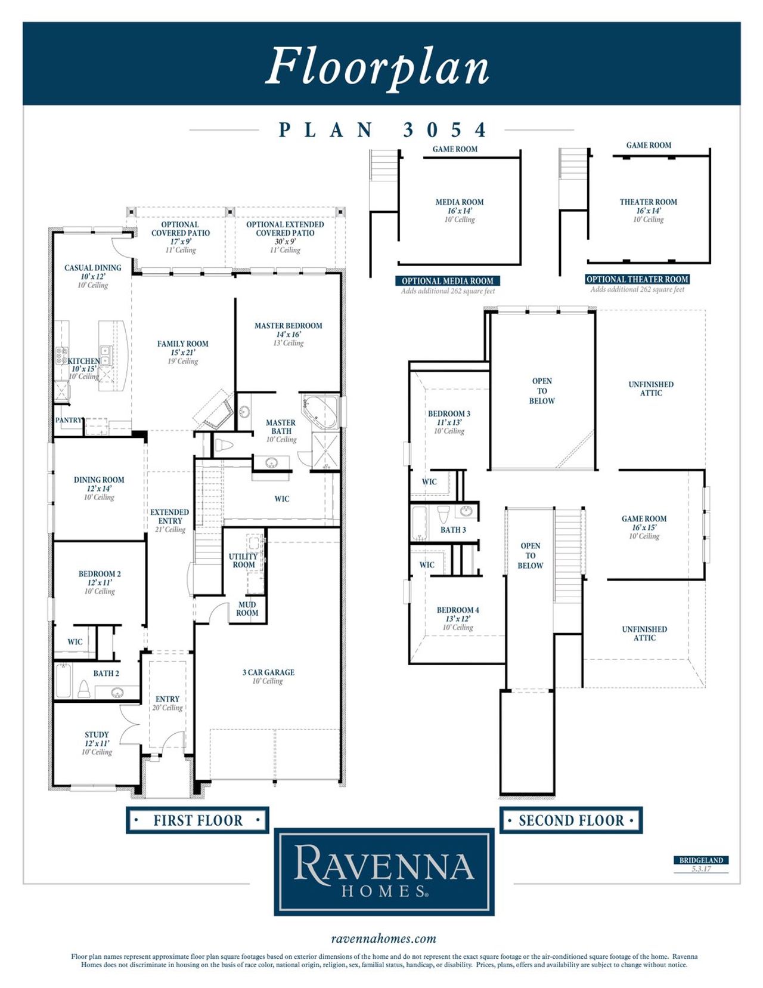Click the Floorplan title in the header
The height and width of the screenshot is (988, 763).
[x=377, y=66]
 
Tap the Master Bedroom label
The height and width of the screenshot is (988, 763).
[x=288, y=326]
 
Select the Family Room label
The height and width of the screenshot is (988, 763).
[x=182, y=344]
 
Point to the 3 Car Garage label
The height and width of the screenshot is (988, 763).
[x=268, y=672]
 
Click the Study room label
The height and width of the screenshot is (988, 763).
[x=97, y=735]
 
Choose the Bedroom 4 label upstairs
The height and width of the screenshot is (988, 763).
[x=457, y=610]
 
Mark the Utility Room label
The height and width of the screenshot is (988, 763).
[x=243, y=560]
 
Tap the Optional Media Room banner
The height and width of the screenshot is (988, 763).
[x=447, y=281]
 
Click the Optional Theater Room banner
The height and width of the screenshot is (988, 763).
[x=637, y=279]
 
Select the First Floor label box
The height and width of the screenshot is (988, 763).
[x=197, y=820]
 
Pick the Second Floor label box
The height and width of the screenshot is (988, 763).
[x=570, y=820]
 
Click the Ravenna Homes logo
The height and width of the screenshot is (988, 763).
[x=384, y=872]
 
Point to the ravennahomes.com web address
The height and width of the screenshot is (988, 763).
[x=383, y=939]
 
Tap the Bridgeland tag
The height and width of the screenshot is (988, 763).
[x=701, y=860]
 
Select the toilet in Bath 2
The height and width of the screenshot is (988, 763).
[x=84, y=689]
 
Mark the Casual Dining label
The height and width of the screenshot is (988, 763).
[x=92, y=268]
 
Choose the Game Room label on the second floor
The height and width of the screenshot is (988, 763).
[x=644, y=519]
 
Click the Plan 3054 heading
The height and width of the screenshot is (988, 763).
[x=382, y=130]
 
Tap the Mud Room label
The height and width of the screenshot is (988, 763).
[x=247, y=609]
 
